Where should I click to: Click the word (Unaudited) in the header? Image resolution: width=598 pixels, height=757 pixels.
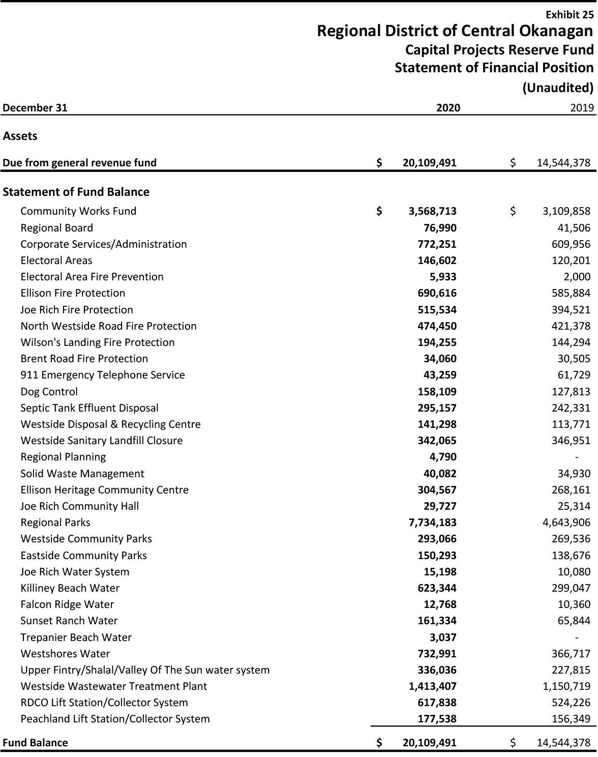(558, 88)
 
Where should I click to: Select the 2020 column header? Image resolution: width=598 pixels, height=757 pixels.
(448, 107)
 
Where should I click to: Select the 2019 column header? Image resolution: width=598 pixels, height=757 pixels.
(582, 107)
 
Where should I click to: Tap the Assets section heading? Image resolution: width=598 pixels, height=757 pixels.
(20, 136)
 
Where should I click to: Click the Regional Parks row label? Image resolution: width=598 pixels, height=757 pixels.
(55, 522)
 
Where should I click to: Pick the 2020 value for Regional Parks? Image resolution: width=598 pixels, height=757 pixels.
(432, 522)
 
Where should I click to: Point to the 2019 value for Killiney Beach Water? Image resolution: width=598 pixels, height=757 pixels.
(571, 588)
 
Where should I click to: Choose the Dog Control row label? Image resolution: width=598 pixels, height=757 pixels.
(49, 392)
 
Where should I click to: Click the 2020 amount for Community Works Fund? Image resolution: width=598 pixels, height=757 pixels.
(432, 211)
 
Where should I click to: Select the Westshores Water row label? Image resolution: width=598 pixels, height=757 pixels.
(65, 654)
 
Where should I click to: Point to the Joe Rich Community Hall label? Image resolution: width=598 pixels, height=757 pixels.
(80, 506)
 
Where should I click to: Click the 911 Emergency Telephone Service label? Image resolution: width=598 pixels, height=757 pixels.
(103, 375)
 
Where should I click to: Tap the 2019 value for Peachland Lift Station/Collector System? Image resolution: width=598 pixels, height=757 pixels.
(571, 719)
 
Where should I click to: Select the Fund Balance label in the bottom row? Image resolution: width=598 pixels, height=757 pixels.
(35, 742)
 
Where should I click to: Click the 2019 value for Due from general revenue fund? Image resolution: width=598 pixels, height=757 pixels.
(563, 163)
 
